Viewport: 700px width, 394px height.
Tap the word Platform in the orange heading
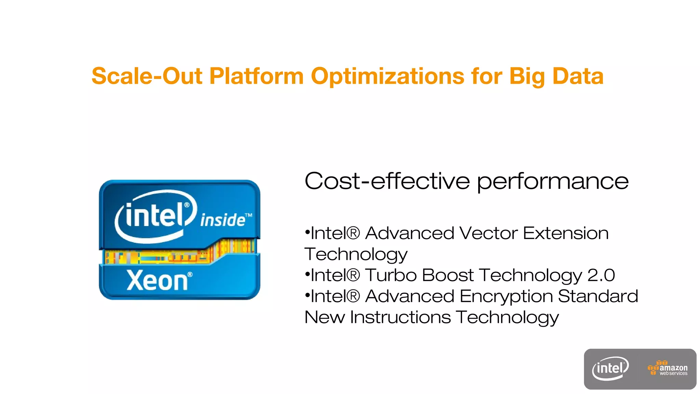point(256,76)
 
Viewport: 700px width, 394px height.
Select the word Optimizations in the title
point(388,76)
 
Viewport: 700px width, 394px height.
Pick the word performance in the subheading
point(553,181)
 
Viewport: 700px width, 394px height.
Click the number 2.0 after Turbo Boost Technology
point(601,275)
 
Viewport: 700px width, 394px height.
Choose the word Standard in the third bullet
point(598,296)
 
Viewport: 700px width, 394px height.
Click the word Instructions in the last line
point(400,317)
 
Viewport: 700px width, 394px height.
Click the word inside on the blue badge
point(223,220)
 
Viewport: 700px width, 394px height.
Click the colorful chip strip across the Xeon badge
point(179,253)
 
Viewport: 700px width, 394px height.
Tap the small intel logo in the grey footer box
point(610,369)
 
